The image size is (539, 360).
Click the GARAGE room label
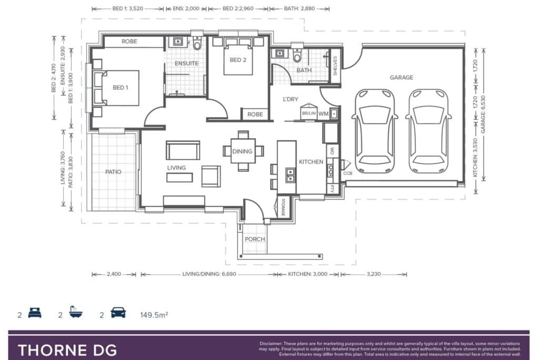pos(401,77)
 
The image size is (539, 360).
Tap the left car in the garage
pos(374,131)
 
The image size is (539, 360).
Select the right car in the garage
pos(428,131)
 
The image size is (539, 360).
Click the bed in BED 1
pos(116,88)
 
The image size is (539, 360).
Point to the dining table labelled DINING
pos(243,151)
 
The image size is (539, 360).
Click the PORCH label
pos(255,239)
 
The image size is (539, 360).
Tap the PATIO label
pos(113,172)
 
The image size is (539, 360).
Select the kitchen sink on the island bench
pos(291,175)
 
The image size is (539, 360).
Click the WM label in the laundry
pos(323,114)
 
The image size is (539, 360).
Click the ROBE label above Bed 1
pos(129,41)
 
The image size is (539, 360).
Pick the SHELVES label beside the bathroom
pos(335,65)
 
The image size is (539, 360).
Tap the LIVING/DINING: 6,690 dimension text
pos(209,274)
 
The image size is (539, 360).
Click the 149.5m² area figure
pos(154,315)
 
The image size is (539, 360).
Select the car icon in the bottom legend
pos(118,313)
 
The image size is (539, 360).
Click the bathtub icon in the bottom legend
pos(75,312)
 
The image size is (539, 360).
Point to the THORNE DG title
pos(67,350)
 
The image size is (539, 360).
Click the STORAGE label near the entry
pos(283,208)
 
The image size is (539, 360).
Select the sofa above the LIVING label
pos(183,150)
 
